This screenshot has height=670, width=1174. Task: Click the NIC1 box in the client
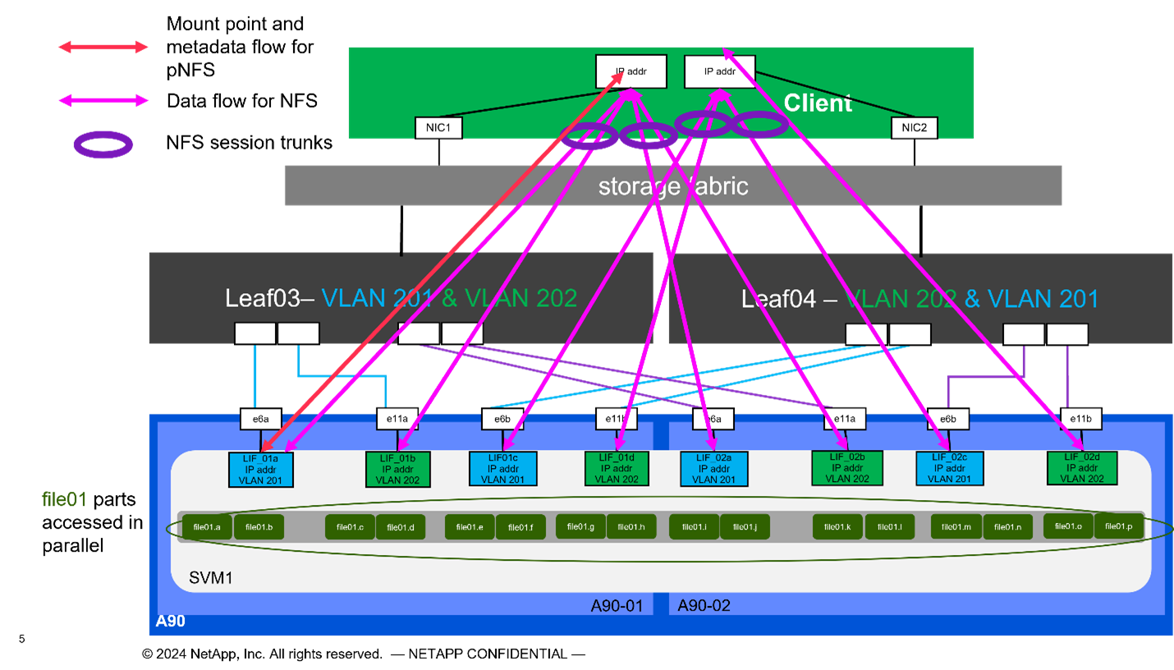(438, 128)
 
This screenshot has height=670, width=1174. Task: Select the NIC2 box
(914, 127)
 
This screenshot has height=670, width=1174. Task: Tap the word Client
(818, 103)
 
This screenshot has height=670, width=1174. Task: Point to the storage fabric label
(673, 186)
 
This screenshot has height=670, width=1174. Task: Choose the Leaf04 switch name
(778, 298)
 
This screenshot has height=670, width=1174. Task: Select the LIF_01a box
(260, 468)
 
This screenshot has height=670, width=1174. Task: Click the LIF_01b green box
(398, 469)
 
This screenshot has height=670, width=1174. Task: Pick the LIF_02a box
(713, 469)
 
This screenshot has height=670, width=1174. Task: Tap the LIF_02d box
(1081, 467)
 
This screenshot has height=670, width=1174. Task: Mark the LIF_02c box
(950, 468)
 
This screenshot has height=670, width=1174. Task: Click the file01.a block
(207, 527)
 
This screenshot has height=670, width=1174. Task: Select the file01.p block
(1118, 526)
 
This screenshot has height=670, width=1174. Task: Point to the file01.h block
(631, 526)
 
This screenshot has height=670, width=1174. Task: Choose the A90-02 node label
(704, 606)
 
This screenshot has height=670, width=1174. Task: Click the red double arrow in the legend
(103, 48)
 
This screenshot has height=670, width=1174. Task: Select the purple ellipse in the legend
(103, 145)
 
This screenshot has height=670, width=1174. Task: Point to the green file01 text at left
(64, 499)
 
